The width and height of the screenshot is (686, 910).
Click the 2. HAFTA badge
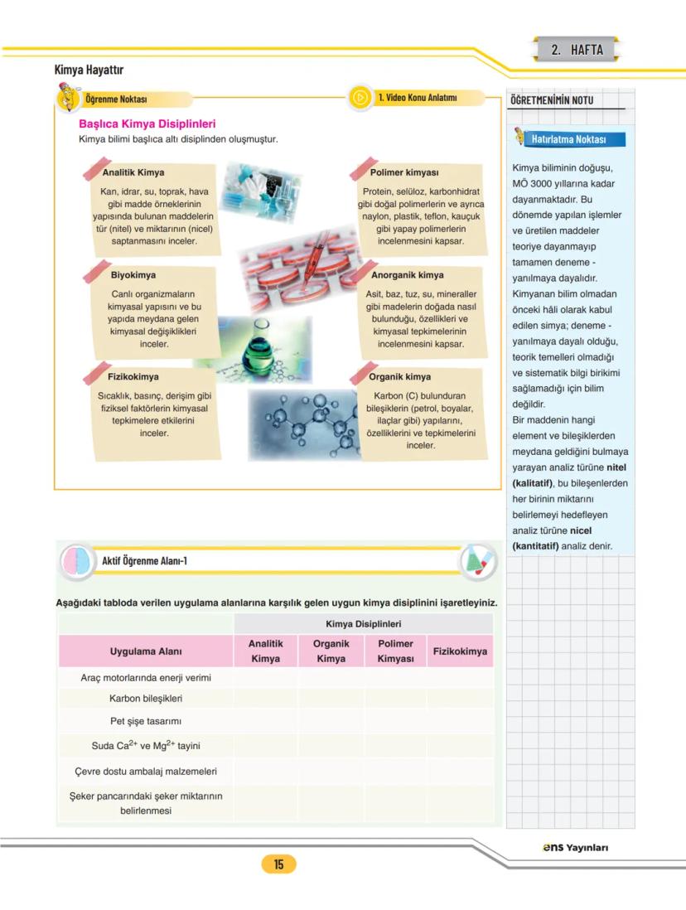[x=577, y=50]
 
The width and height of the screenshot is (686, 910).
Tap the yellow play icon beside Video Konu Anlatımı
[x=360, y=98]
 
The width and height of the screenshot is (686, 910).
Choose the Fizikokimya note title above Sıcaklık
[x=134, y=377]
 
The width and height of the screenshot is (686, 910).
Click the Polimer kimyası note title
[x=404, y=173]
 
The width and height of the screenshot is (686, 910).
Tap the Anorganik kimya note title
[x=407, y=275]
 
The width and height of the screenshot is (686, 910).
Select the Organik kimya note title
[x=400, y=377]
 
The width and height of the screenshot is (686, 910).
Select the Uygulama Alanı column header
[x=146, y=651]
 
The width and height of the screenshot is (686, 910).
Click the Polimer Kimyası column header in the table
[x=395, y=651]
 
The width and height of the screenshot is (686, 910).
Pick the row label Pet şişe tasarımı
[x=146, y=721]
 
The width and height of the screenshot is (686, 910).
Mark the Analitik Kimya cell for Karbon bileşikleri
[x=265, y=698]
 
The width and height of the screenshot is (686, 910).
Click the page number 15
[x=278, y=864]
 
